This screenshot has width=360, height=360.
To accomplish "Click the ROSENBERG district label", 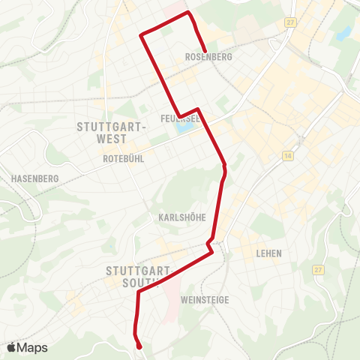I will pyautogui.click(x=208, y=57).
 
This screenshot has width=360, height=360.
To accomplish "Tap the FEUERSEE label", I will pyautogui.click(x=179, y=118).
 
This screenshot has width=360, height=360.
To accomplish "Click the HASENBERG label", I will pyautogui.click(x=31, y=178).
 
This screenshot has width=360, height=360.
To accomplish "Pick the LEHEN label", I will pyautogui.click(x=268, y=253).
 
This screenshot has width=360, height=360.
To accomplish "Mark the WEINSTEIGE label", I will pyautogui.click(x=205, y=300).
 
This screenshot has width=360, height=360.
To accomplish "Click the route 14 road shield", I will pyautogui.click(x=288, y=155).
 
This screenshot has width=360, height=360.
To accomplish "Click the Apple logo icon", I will pyautogui.click(x=11, y=347).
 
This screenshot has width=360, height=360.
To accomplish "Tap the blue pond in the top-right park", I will pyautogui.click(x=343, y=34).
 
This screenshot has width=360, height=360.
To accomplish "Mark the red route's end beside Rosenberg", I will pyautogui.click(x=205, y=50).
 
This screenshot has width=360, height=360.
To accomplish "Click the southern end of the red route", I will pyautogui.click(x=140, y=346).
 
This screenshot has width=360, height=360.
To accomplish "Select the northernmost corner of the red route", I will pyautogui.click(x=188, y=13).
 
